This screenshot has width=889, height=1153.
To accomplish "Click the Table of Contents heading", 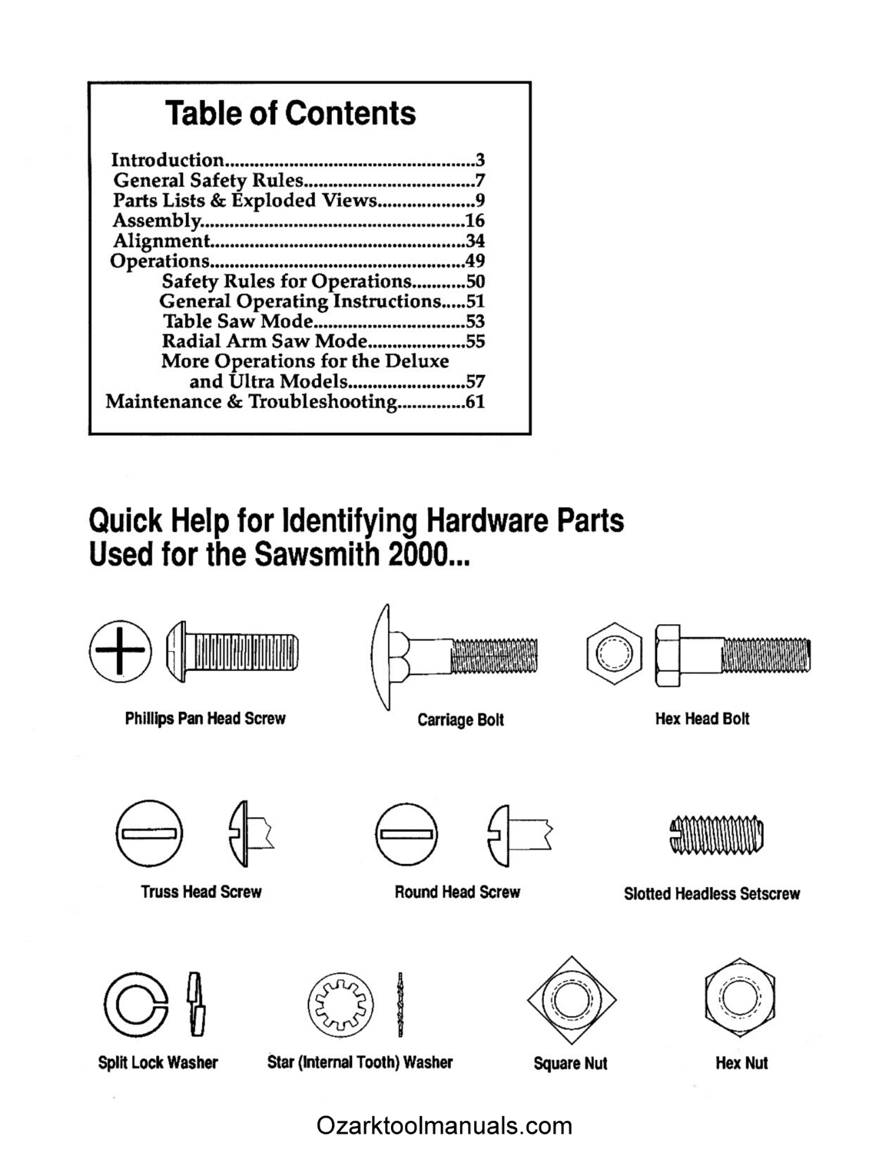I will pyautogui.click(x=290, y=114).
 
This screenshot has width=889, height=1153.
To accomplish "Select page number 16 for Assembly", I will pyautogui.click(x=475, y=221).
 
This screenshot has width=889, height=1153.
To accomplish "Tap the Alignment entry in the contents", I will pyautogui.click(x=161, y=241).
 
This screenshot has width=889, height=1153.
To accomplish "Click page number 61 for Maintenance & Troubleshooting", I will pyautogui.click(x=475, y=401).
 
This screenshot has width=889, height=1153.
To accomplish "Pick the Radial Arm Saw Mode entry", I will pyautogui.click(x=264, y=341).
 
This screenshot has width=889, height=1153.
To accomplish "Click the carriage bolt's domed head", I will pyautogui.click(x=383, y=655).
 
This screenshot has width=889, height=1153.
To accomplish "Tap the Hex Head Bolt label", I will pyautogui.click(x=702, y=719).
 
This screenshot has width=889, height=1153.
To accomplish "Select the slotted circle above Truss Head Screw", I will pyautogui.click(x=150, y=833).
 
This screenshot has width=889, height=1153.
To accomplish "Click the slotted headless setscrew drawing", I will pyautogui.click(x=716, y=835).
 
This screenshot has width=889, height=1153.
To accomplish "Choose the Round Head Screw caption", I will pyautogui.click(x=457, y=892).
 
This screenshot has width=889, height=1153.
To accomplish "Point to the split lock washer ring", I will pyautogui.click(x=135, y=1005).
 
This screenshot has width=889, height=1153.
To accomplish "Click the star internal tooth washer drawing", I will pyautogui.click(x=340, y=1005).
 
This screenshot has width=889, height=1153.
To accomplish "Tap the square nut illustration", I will pyautogui.click(x=572, y=1002).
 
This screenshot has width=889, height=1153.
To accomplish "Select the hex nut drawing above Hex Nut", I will pyautogui.click(x=739, y=1000).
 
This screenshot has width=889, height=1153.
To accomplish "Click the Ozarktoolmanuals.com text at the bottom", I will pyautogui.click(x=444, y=1127).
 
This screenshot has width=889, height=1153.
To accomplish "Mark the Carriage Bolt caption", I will pyautogui.click(x=460, y=720).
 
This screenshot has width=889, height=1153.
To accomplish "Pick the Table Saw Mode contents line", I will pyautogui.click(x=238, y=321).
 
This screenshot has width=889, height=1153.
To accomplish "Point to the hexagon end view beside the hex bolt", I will pyautogui.click(x=614, y=655).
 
